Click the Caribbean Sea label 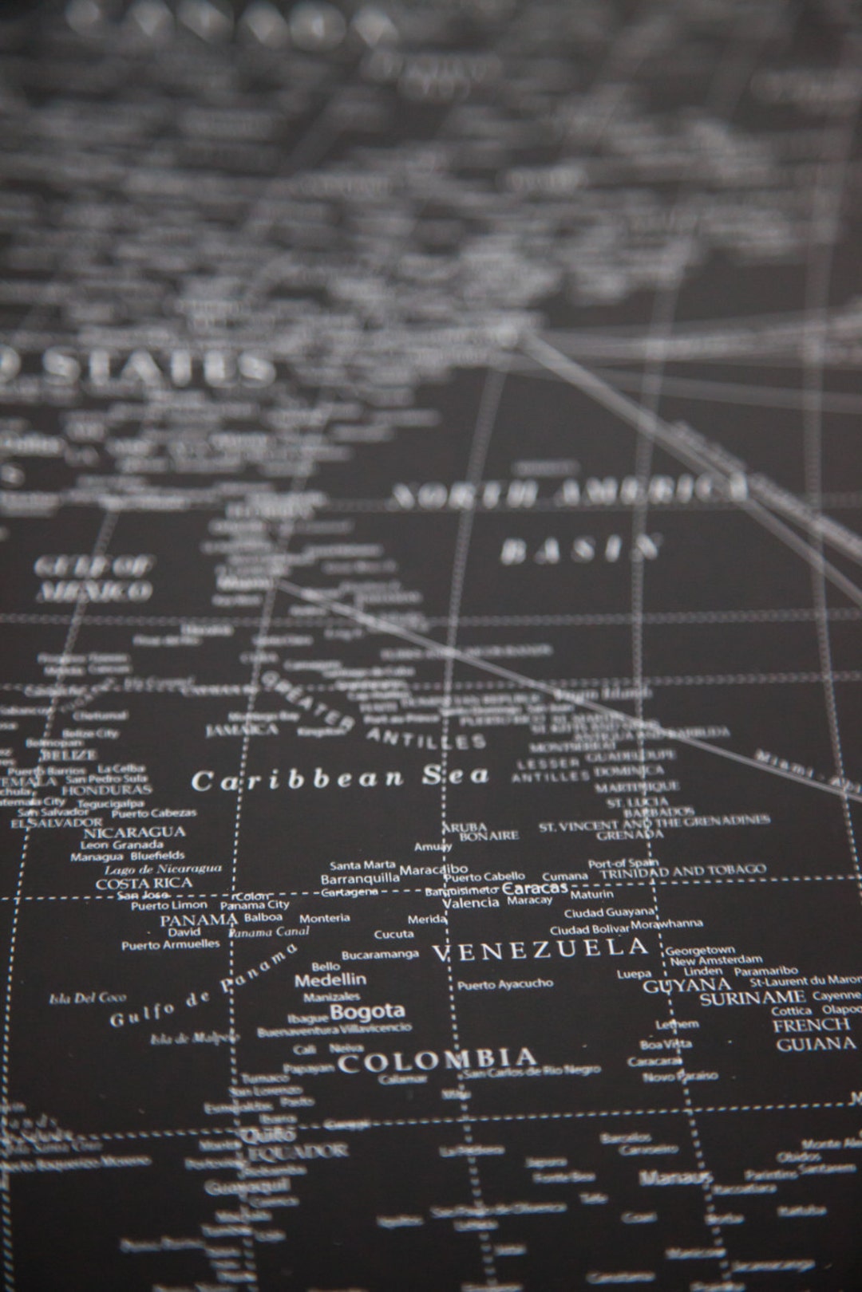point(340,778)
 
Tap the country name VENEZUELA point(540,949)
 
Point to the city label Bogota point(367,1011)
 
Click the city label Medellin point(330,979)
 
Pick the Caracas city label point(536,888)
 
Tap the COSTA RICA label point(144,883)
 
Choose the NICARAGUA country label point(134,832)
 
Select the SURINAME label point(753,998)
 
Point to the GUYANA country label point(676,985)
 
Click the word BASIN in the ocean point(581,549)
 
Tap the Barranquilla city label point(360,878)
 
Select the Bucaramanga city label point(380,954)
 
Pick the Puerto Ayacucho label point(504,985)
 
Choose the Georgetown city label point(700,950)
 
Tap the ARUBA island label point(464,827)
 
